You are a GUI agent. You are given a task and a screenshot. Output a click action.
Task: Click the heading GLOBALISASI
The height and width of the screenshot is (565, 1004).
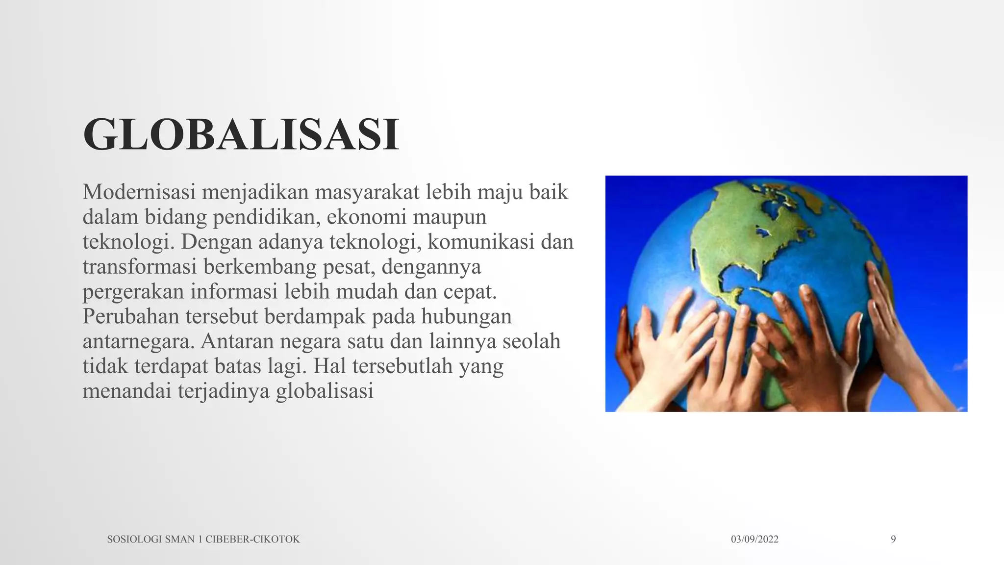point(241,134)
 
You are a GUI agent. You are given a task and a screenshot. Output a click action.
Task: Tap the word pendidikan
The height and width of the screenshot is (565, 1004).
point(266,217)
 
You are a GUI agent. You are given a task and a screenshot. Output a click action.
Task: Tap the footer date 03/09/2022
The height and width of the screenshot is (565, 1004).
point(754,539)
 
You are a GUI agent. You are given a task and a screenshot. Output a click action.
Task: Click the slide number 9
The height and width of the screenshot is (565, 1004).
point(893,539)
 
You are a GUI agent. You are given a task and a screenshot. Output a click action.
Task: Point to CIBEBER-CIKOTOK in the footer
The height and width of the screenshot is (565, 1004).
point(252,539)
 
